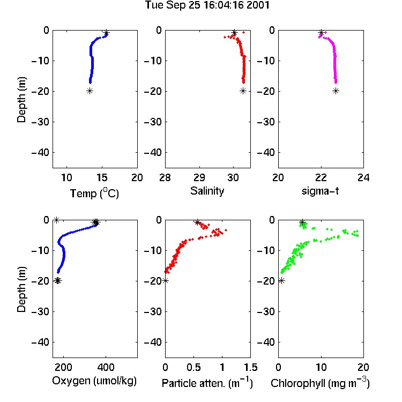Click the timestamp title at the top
coord(207,5)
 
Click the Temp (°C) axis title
coord(94,193)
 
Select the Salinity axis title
coord(207,191)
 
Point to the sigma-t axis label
coord(320,191)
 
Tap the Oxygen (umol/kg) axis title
coord(94,381)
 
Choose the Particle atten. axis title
coord(207,383)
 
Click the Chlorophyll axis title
coord(320,383)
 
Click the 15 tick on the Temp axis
coord(102,177)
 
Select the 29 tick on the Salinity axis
coord(199,177)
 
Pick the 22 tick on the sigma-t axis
coord(321,177)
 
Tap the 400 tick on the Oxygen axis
coord(106,367)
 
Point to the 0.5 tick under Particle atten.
coord(193,367)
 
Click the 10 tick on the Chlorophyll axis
coord(321,367)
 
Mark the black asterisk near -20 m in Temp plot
coord(90,91)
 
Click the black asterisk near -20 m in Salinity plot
coord(243,91)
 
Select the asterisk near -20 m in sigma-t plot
coord(336,91)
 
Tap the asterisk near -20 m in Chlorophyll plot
coord(281,281)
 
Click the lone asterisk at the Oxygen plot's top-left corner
coord(56,220)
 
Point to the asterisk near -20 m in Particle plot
coord(166,281)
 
